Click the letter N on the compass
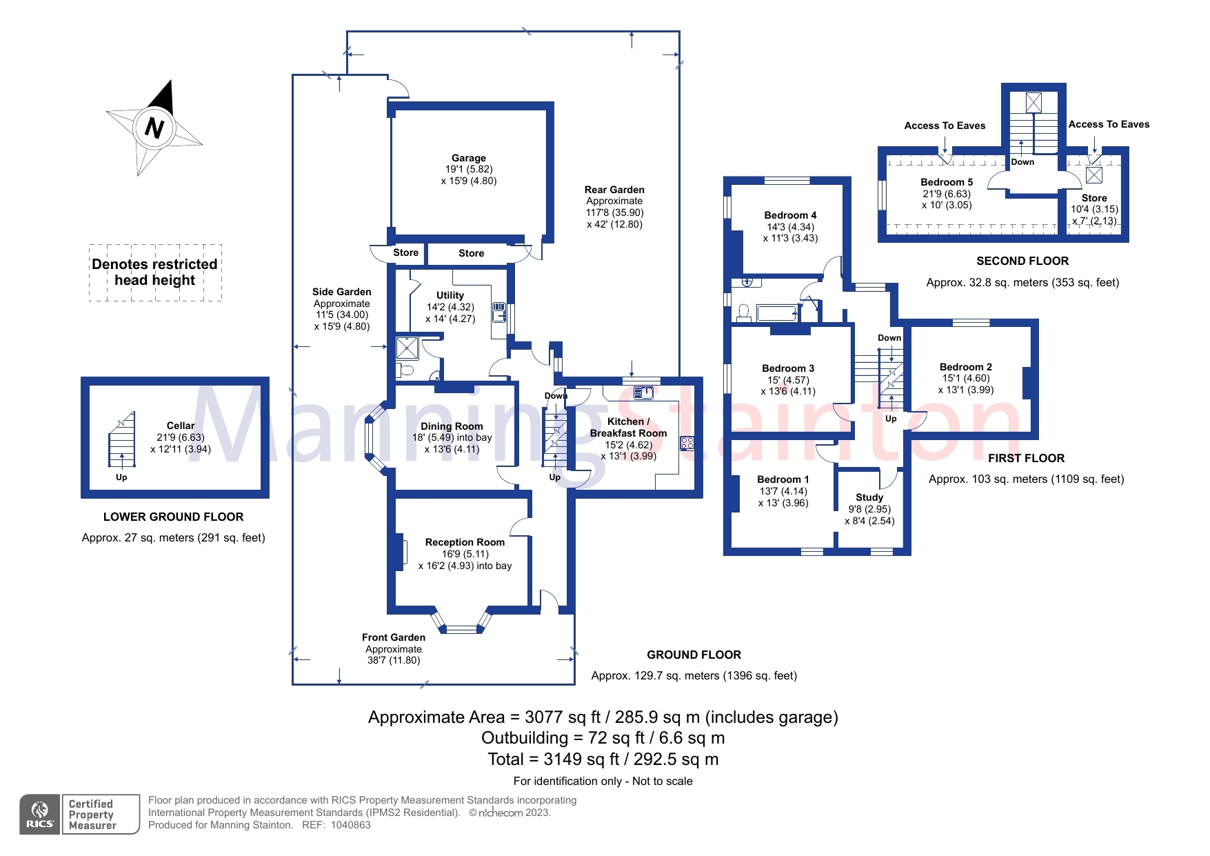coord(154,128)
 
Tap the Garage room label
coord(468,158)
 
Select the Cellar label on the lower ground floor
coord(180,426)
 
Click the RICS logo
coord(40,815)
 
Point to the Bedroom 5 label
coord(947,182)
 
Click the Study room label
coord(869,497)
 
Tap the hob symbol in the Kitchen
coord(687,444)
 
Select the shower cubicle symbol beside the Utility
coord(407,348)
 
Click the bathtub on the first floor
coord(777,314)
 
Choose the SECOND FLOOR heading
coord(1022,261)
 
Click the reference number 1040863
coord(350,825)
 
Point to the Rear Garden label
coord(614,190)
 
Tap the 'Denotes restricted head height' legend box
coord(155,272)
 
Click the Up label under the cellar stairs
coord(121,477)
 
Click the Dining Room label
coord(452,426)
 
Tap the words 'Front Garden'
coord(393,637)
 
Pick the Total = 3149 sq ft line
coord(603,759)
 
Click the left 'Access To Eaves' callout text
coord(945,126)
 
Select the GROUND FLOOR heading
coord(694,655)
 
